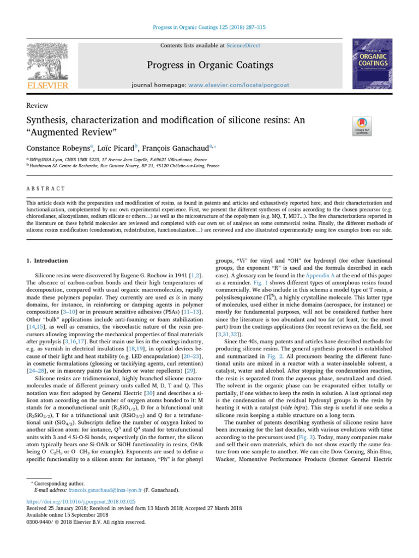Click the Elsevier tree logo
(49, 62)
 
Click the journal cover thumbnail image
(373, 64)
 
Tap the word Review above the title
(37, 106)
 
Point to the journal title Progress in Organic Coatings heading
(209, 66)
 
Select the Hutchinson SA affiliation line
(124, 165)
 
